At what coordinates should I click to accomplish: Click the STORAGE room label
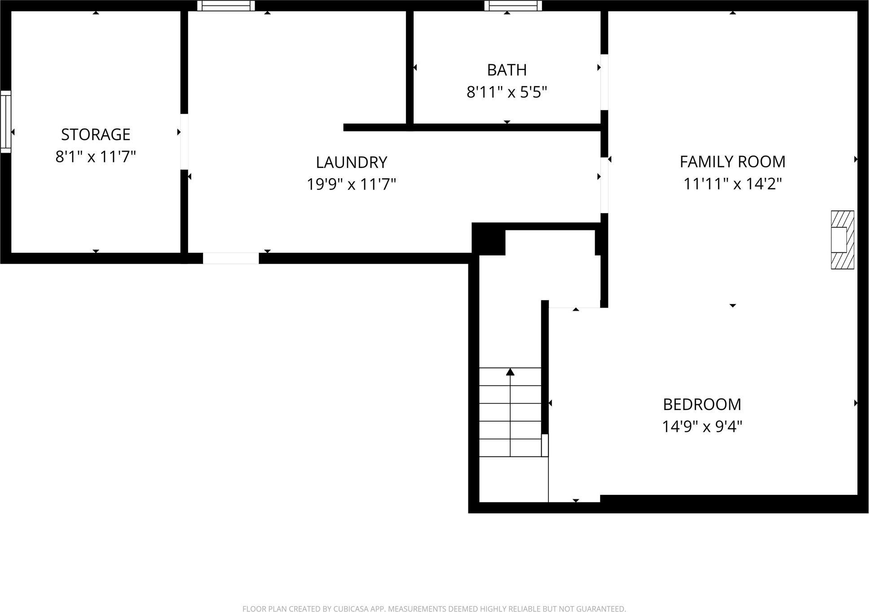[96, 134]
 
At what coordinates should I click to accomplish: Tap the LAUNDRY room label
[351, 162]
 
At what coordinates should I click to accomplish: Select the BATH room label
[507, 70]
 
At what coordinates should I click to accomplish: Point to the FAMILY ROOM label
[732, 162]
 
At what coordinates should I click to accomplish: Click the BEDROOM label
[701, 404]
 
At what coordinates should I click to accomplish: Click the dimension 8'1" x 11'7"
[96, 157]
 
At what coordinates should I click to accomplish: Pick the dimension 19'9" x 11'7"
[351, 184]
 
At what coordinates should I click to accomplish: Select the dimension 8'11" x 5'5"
[507, 92]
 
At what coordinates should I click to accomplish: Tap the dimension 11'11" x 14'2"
[732, 184]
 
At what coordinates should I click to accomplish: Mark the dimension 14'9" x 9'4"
[701, 426]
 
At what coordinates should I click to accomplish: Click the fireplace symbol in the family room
[842, 240]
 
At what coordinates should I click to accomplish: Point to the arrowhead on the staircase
[510, 372]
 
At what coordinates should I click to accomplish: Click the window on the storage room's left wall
[5, 122]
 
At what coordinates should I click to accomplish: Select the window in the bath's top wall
[513, 5]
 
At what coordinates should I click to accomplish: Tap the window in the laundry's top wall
[226, 5]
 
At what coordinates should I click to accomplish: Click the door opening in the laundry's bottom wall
[231, 258]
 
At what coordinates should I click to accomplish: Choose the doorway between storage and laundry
[184, 142]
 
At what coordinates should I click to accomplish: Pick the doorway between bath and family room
[604, 82]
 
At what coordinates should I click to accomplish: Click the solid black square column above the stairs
[489, 239]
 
